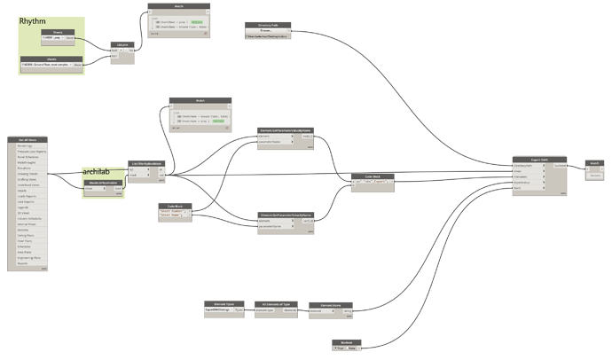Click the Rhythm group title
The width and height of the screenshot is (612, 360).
32,20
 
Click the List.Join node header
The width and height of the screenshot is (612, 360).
122,45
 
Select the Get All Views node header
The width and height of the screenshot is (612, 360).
28,139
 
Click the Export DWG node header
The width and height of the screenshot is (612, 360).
539,158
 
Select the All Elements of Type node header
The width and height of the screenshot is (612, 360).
274,303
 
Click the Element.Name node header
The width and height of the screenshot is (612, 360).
331,303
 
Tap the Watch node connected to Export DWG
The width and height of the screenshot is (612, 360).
594,163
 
